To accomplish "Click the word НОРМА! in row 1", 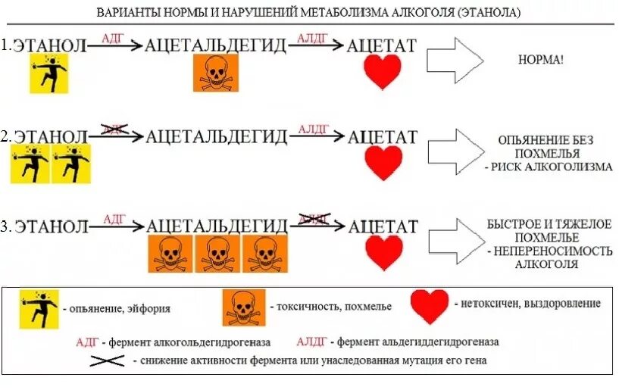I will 541,59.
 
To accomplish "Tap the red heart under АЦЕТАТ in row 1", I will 383,72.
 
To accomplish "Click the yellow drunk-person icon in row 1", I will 49,73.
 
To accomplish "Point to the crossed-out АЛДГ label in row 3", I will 314,219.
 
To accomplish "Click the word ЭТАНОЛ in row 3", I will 52,226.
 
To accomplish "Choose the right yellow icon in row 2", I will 73,164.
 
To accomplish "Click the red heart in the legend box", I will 430,304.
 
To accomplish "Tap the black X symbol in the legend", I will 109,360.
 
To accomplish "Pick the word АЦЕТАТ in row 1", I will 381,45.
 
